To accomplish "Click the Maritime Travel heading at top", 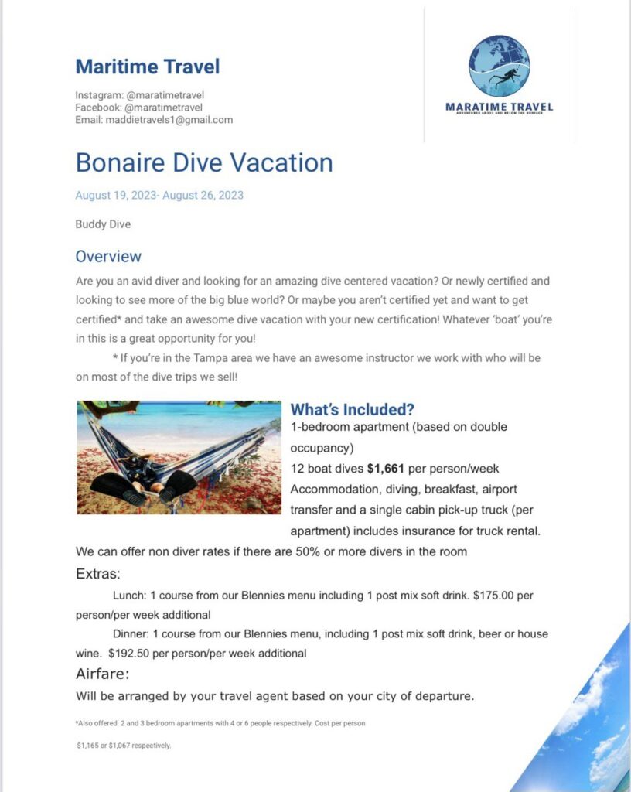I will [147, 67].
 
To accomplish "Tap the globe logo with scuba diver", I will [500, 66].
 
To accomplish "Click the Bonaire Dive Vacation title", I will [204, 162].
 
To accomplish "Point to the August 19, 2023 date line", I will [159, 195].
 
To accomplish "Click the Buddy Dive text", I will [103, 224].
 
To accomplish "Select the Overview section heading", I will [108, 256].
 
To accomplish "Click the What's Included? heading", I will [353, 410].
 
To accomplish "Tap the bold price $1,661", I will [385, 468].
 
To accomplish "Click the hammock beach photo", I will [179, 457].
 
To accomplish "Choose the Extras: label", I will [97, 574].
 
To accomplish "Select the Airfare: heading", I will [102, 673].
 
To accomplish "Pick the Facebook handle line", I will [138, 108].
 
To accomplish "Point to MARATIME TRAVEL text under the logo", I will [500, 107].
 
